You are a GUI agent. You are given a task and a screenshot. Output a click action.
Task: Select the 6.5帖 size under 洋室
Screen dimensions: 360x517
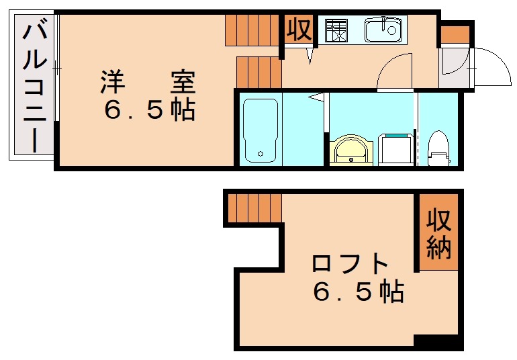click(149, 109)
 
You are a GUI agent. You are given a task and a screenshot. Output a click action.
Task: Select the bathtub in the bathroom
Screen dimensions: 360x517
click(259, 130)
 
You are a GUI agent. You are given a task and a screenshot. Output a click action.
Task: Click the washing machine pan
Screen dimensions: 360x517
click(396, 148)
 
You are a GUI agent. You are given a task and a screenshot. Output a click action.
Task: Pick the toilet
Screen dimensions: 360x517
click(438, 148)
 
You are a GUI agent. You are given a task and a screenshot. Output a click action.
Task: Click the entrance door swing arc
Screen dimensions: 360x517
click(494, 67)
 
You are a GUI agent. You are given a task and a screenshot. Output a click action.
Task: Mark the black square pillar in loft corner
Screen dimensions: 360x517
click(438, 342)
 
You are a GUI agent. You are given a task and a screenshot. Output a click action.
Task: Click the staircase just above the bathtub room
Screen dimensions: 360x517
click(258, 72)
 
